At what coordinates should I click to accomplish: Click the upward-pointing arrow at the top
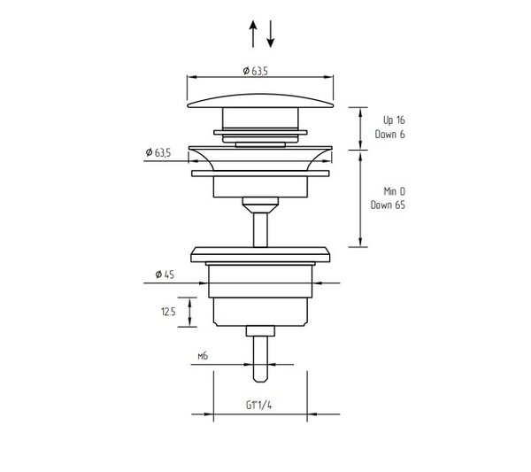tap(253, 34)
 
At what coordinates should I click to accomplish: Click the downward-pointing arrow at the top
tap(270, 34)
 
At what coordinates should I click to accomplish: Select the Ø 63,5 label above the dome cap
tap(256, 71)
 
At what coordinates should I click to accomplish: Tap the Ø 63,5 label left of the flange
tap(158, 152)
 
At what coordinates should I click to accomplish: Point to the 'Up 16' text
tap(394, 120)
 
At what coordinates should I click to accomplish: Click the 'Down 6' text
tap(389, 135)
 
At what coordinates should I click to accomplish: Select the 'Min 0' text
tap(394, 191)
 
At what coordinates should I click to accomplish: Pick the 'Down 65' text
tap(388, 205)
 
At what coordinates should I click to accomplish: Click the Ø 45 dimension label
tap(165, 275)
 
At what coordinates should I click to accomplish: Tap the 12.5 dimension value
tap(168, 312)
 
